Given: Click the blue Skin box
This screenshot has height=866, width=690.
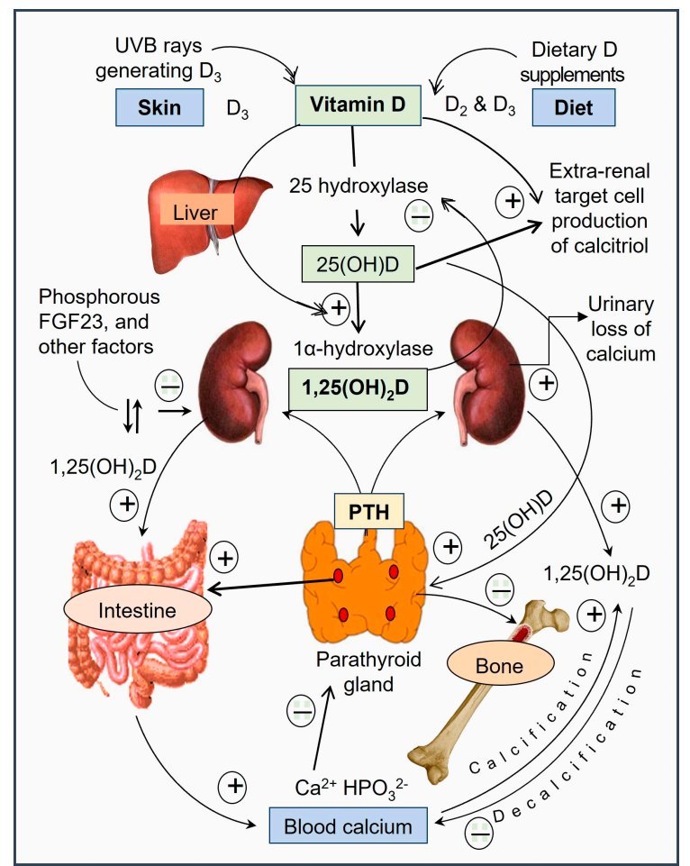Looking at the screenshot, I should click(x=159, y=108).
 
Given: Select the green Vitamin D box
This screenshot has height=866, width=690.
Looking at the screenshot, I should click(x=359, y=105).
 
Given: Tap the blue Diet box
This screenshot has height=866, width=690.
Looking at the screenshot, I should click(x=574, y=108).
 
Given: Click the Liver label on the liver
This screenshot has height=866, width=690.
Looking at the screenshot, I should click(x=196, y=212).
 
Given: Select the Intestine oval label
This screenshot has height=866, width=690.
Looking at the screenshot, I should click(x=137, y=611).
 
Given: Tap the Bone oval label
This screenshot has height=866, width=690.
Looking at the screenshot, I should click(x=498, y=666).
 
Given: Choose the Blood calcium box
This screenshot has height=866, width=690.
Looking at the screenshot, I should click(x=348, y=825).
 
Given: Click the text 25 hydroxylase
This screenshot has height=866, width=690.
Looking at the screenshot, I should click(x=357, y=186).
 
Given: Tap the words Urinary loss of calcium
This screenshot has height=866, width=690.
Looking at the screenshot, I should click(x=621, y=328).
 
